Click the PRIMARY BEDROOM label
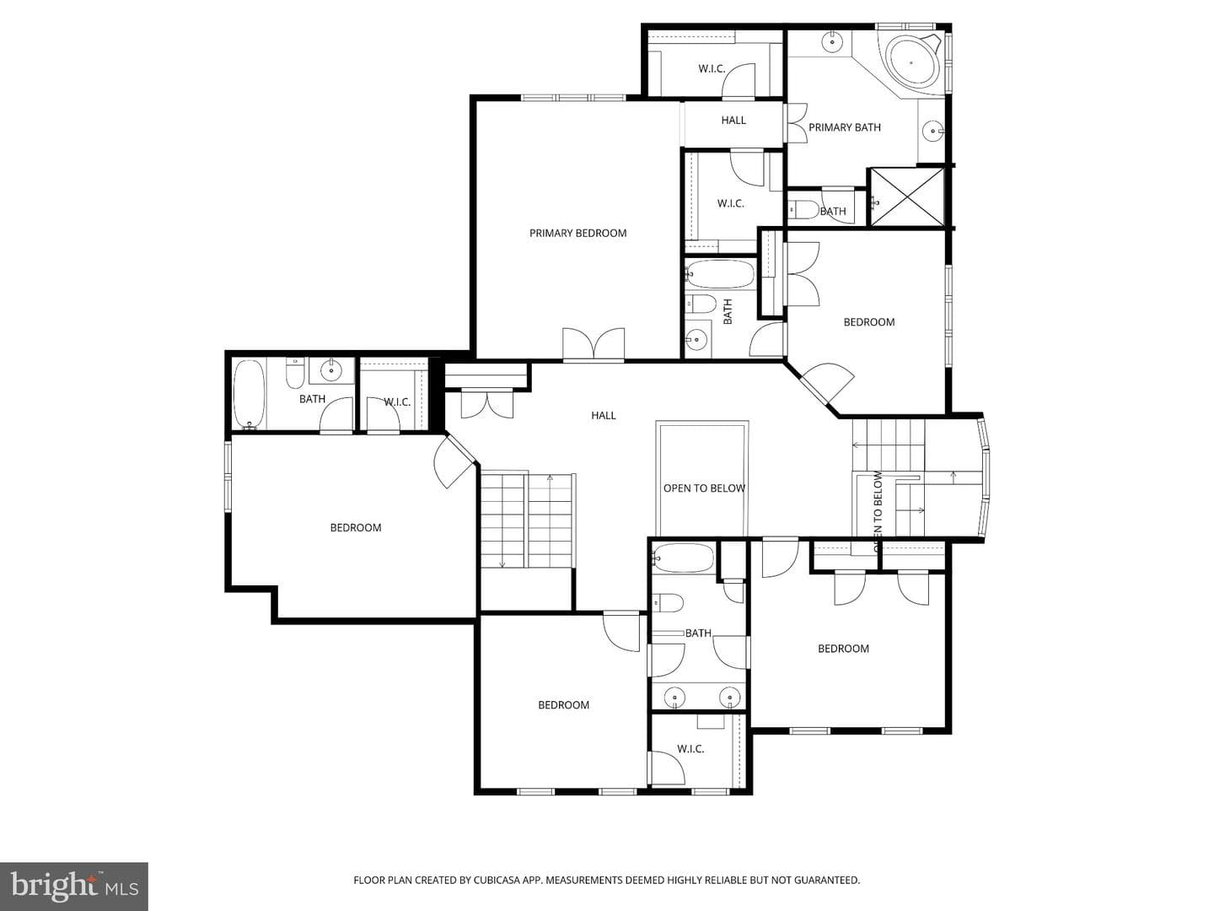pyautogui.click(x=578, y=234)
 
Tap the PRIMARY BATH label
pyautogui.click(x=845, y=127)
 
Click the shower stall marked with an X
pyautogui.click(x=908, y=197)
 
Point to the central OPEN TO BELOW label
pyautogui.click(x=704, y=488)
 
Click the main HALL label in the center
pyautogui.click(x=604, y=415)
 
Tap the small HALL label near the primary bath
pyautogui.click(x=733, y=120)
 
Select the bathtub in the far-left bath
pyautogui.click(x=249, y=394)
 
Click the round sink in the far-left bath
pyautogui.click(x=331, y=369)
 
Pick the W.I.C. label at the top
pyautogui.click(x=712, y=69)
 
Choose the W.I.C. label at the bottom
pyautogui.click(x=690, y=749)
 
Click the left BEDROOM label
pyautogui.click(x=356, y=528)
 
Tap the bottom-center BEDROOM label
pyautogui.click(x=564, y=704)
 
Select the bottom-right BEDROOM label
pyautogui.click(x=843, y=649)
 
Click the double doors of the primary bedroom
pyautogui.click(x=594, y=345)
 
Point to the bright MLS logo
pyautogui.click(x=74, y=886)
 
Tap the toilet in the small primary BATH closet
pyautogui.click(x=803, y=210)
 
